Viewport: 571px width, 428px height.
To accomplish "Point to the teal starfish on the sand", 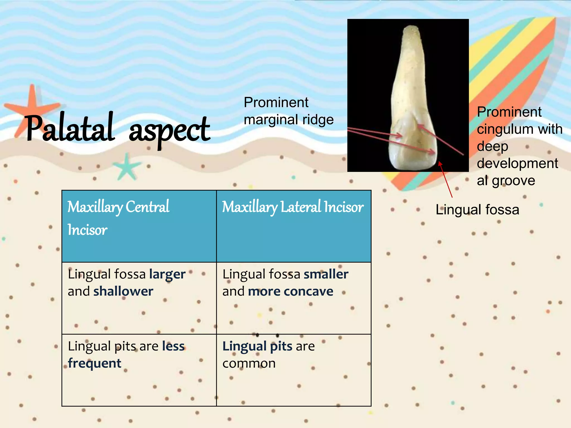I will pos(127,167).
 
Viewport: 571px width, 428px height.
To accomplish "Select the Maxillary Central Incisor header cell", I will pos(139,226).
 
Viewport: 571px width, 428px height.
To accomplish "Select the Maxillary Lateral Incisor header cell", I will pos(293,226).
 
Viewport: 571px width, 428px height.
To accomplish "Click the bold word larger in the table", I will pos(167,274).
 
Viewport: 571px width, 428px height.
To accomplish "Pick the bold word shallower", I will pos(123,291).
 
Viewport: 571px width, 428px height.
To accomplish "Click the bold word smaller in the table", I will pos(326,274).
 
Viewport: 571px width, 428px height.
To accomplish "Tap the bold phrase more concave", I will pos(291,291).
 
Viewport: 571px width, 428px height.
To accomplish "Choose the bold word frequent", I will pos(95,363).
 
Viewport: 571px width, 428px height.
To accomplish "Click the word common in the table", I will pos(249,363).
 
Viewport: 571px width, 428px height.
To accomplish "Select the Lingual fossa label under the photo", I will pos(477,210).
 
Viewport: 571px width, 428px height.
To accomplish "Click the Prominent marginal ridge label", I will pos(289,111).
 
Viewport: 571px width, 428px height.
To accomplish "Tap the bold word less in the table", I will pos(173,346).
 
